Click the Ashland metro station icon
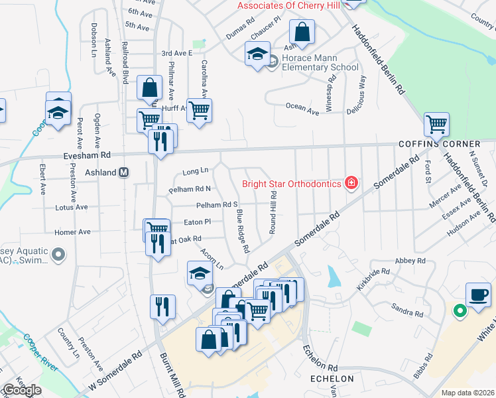[123, 172]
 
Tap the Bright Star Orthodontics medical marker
[351, 183]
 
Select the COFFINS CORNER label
[439, 144]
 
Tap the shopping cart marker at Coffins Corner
[436, 124]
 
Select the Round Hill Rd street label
[273, 213]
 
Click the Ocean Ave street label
[302, 106]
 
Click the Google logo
[22, 390]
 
